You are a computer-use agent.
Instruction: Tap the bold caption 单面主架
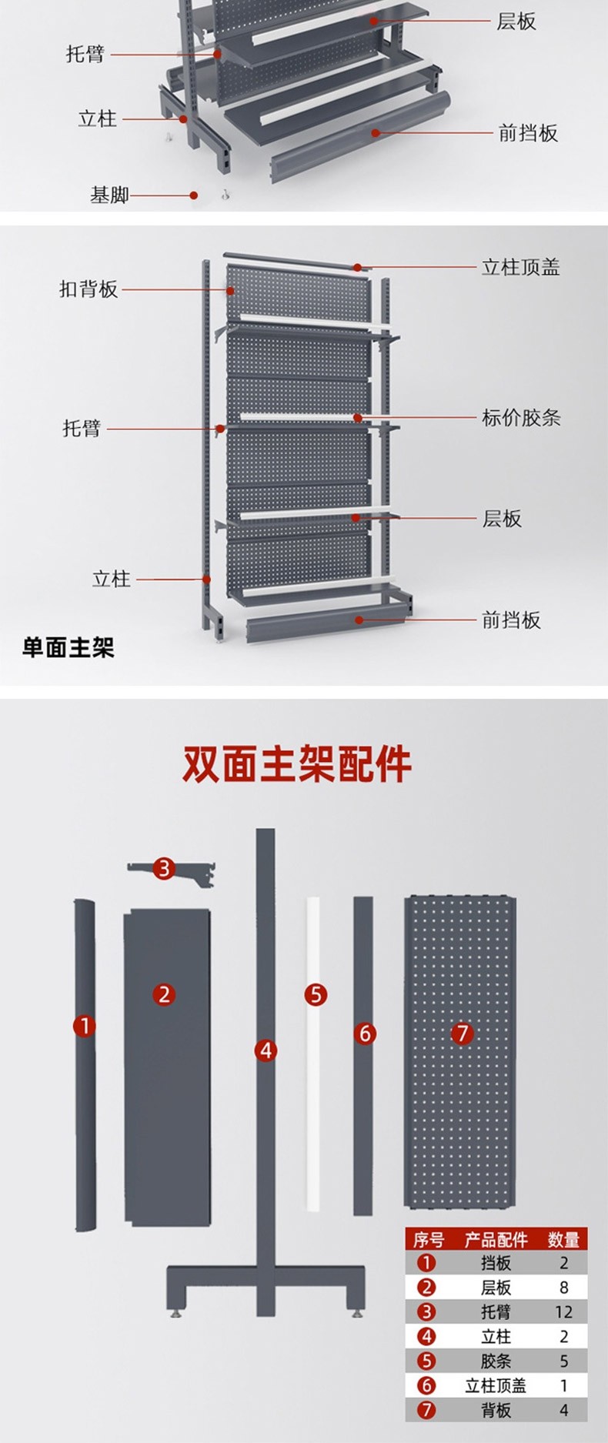68,647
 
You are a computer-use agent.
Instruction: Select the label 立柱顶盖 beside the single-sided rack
520,267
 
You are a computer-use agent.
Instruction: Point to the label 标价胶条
521,418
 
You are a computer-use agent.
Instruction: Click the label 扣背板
89,289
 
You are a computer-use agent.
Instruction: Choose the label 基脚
109,195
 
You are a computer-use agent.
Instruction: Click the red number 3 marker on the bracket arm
164,869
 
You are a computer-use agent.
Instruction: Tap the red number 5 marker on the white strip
316,994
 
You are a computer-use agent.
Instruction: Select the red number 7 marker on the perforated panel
462,1033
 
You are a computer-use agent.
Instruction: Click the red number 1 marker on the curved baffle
85,1025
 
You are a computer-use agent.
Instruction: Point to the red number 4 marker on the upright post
266,1050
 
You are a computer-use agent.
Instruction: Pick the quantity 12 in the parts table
563,1311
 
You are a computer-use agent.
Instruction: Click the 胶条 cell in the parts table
496,1361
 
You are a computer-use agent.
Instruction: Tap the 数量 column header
563,1240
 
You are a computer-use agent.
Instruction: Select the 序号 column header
428,1240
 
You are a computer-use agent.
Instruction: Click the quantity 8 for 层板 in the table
563,1287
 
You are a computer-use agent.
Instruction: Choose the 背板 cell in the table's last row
496,1410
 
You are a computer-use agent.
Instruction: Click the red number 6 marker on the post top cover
365,1033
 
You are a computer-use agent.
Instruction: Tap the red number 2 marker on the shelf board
164,994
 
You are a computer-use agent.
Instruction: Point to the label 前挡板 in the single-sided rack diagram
511,620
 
